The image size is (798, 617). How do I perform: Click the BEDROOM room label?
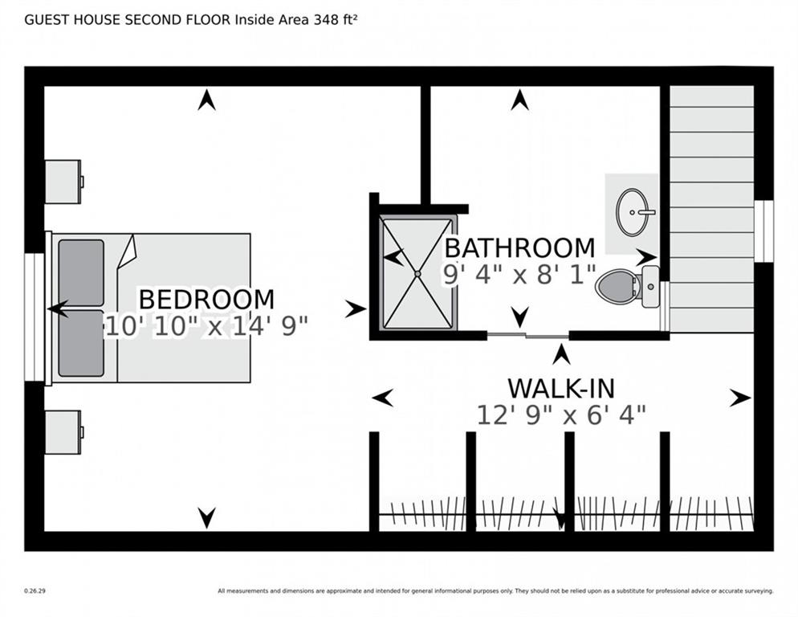click(x=206, y=299)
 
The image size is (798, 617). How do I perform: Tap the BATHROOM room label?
click(x=519, y=248)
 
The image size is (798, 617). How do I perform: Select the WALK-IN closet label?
click(x=561, y=389)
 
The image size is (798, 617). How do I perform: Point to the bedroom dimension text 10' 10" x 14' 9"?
click(x=206, y=326)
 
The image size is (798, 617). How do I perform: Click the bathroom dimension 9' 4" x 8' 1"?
click(x=519, y=275)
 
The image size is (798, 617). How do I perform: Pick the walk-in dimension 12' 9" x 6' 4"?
click(x=561, y=415)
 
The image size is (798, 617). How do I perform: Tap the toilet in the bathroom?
click(x=628, y=286)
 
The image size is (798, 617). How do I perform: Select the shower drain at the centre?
click(x=417, y=274)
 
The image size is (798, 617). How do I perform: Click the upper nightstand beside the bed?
click(x=63, y=182)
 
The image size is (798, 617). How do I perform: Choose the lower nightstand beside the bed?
click(x=63, y=432)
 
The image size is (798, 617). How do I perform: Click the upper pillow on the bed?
click(x=81, y=272)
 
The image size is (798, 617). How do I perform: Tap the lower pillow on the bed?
click(x=81, y=343)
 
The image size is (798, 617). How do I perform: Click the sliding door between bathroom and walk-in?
click(x=527, y=335)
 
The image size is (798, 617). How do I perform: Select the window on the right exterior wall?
click(x=763, y=231)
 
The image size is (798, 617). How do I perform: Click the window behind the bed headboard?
click(x=35, y=317)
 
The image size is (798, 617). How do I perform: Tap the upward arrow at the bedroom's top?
click(x=206, y=100)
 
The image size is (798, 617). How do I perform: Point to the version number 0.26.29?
click(x=35, y=591)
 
